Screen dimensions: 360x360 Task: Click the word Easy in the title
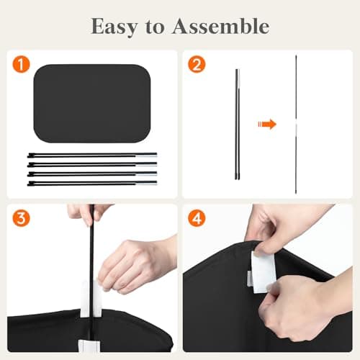pyautogui.click(x=114, y=27)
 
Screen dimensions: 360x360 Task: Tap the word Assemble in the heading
pyautogui.click(x=221, y=26)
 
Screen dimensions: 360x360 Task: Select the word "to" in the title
pyautogui.click(x=155, y=27)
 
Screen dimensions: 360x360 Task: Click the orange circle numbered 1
pyautogui.click(x=21, y=64)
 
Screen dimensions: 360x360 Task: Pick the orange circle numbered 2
pyautogui.click(x=197, y=64)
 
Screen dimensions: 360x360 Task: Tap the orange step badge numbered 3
pyautogui.click(x=21, y=218)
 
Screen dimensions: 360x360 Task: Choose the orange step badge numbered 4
pyautogui.click(x=197, y=218)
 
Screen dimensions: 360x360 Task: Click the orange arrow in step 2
pyautogui.click(x=267, y=124)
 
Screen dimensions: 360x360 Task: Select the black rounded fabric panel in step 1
pyautogui.click(x=92, y=104)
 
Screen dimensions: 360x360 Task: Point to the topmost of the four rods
pyautogui.click(x=92, y=155)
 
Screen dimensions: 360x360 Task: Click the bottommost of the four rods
pyautogui.click(x=92, y=184)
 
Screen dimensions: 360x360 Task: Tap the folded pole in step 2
pyautogui.click(x=237, y=124)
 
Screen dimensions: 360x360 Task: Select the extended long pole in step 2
pyautogui.click(x=296, y=124)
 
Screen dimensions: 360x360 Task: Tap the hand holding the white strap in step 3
pyautogui.click(x=137, y=264)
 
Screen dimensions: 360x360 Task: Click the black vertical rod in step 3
pyautogui.click(x=91, y=276)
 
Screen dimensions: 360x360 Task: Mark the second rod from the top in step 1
pyautogui.click(x=92, y=164)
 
